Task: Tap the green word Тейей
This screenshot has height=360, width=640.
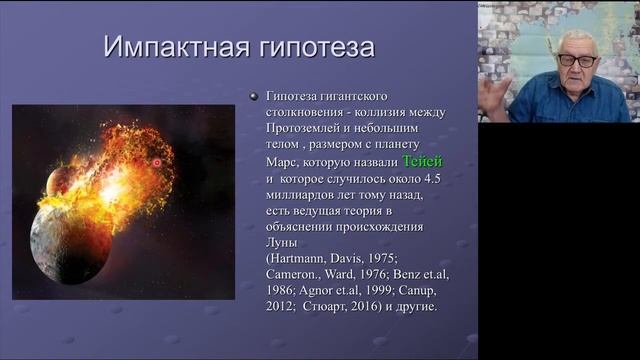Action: (x=421, y=161)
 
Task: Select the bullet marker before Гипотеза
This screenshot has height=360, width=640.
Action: (x=254, y=96)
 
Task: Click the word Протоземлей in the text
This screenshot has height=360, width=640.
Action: (x=307, y=128)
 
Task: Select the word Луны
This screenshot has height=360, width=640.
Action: (x=283, y=242)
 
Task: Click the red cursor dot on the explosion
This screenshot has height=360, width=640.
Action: (x=156, y=162)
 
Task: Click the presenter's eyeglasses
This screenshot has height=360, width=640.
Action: (x=577, y=60)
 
